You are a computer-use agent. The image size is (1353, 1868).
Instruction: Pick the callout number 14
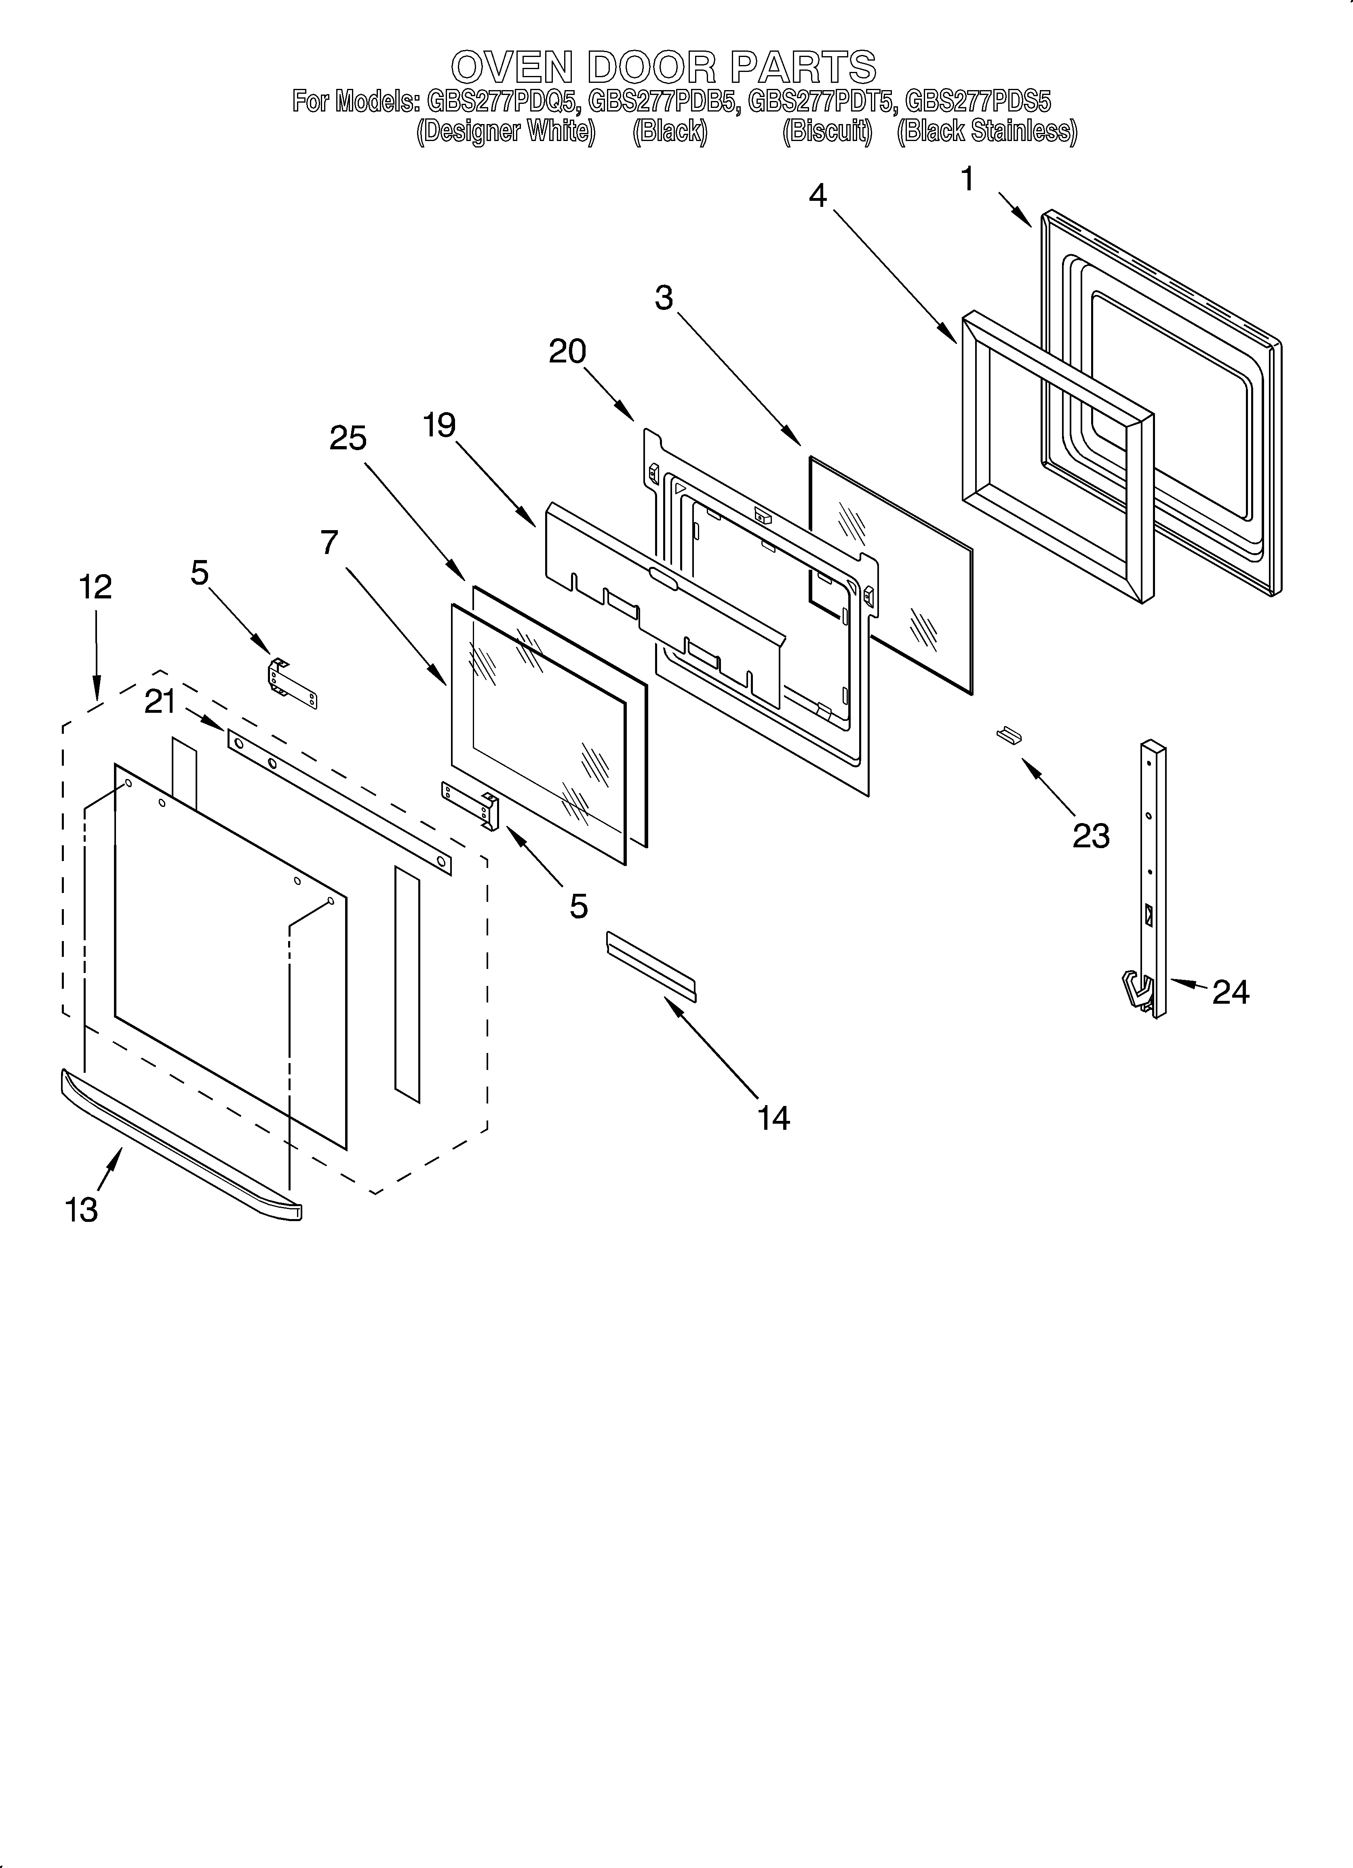coord(774,1118)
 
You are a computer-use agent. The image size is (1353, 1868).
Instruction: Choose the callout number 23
coord(1091,836)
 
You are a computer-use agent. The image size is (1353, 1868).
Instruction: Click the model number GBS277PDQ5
coord(504,102)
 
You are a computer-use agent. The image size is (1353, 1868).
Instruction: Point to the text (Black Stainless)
coord(986,132)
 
